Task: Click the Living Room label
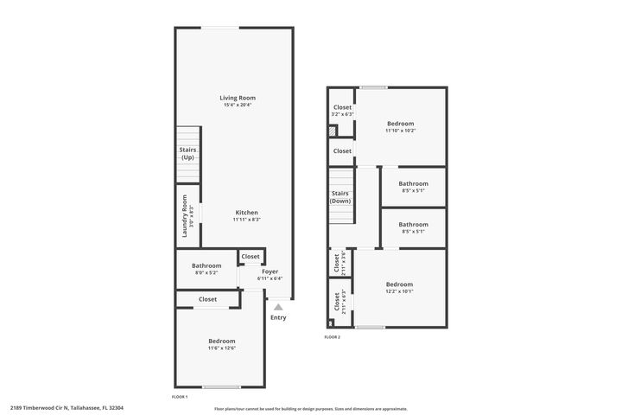pos(238,98)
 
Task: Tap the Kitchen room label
pos(247,213)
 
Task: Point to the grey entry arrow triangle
pos(278,306)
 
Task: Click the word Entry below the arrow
pos(278,317)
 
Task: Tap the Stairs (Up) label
pos(187,153)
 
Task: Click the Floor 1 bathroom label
pos(206,265)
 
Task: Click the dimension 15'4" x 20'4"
pos(238,105)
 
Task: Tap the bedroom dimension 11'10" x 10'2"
pos(400,131)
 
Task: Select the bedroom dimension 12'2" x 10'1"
pos(399,291)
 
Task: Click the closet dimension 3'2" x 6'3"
pos(342,114)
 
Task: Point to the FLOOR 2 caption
pos(333,336)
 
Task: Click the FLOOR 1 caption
pos(181,397)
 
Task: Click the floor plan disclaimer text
pos(311,408)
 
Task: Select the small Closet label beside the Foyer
pos(251,257)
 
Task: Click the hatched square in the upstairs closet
pos(332,131)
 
